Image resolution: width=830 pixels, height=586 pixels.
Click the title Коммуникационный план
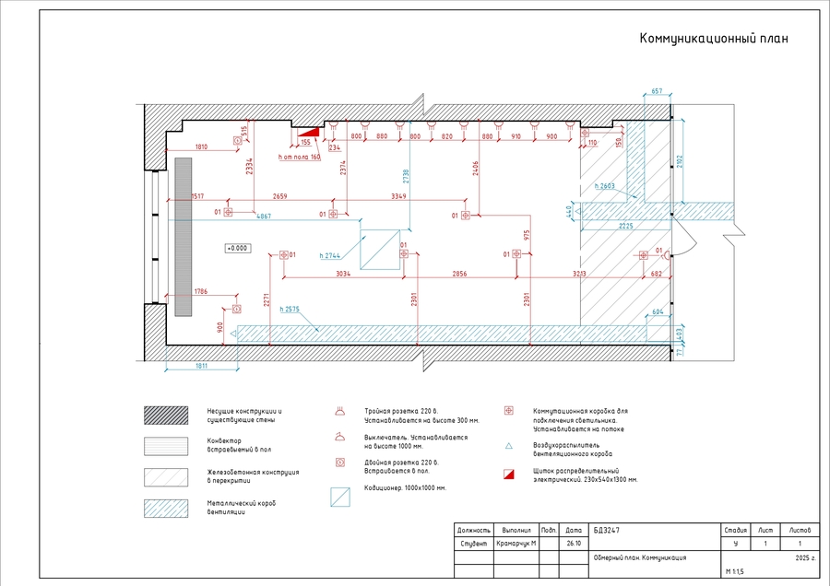714,39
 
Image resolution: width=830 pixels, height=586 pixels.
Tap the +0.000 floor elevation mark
238,248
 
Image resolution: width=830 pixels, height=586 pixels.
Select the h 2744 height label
331,254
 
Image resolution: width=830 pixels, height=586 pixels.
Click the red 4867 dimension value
263,216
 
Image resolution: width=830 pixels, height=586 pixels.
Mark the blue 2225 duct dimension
626,225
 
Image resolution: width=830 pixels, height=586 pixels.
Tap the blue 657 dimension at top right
657,91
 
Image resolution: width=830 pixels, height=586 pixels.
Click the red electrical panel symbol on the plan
309,133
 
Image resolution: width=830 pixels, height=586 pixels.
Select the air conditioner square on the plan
377,249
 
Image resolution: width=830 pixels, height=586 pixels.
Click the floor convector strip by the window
183,237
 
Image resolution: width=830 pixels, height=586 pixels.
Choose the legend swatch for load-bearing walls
165,416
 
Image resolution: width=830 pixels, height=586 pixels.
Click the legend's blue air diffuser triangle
508,446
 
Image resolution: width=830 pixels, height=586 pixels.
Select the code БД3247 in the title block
606,531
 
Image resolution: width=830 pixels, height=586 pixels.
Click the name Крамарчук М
516,544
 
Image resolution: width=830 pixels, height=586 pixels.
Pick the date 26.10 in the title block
574,544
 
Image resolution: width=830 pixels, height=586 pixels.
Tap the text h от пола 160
299,158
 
